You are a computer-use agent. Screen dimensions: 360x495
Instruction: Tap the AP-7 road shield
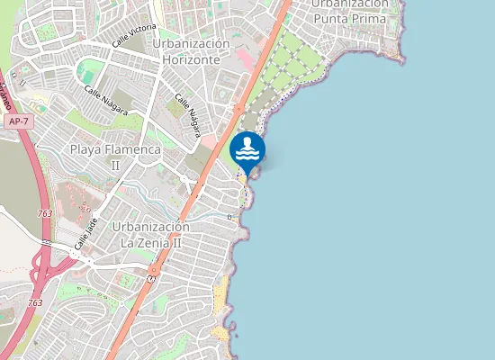tap(16, 120)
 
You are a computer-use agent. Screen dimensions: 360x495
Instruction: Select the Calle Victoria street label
tap(134, 36)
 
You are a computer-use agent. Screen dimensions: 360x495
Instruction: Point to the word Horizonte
tap(192, 59)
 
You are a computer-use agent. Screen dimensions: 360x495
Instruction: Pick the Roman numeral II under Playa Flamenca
tap(114, 166)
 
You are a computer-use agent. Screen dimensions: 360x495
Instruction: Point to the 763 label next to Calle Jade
tap(45, 213)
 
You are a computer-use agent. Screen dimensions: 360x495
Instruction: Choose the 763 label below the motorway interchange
tap(35, 303)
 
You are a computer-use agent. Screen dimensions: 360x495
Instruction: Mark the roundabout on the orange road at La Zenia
tap(154, 269)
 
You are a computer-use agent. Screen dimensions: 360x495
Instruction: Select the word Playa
tap(88, 148)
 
